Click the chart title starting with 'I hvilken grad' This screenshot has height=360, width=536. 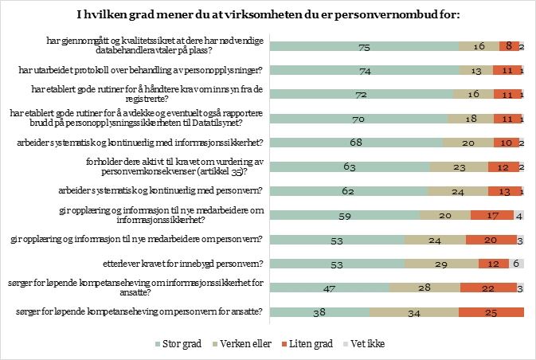pos(268,14)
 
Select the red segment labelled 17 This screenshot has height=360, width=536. pos(491,216)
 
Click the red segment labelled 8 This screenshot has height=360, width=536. pos(508,47)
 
